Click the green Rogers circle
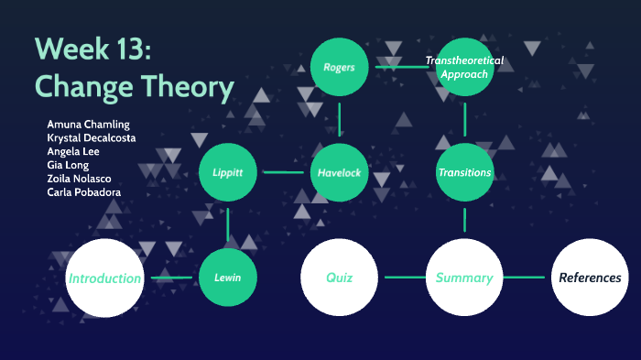(x=339, y=67)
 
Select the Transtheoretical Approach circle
(x=465, y=67)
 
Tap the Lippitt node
(x=227, y=172)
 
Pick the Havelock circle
(x=339, y=172)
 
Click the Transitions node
(x=465, y=172)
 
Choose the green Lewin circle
(x=227, y=277)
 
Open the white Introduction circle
(x=104, y=278)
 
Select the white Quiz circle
(x=339, y=277)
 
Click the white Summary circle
(x=464, y=277)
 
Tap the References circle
(x=590, y=277)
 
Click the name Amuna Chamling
(x=88, y=124)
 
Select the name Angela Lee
(x=72, y=151)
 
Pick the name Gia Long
(x=68, y=165)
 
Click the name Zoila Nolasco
(x=80, y=179)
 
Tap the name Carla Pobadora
(x=83, y=192)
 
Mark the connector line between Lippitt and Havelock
(x=283, y=172)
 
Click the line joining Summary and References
(x=526, y=277)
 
